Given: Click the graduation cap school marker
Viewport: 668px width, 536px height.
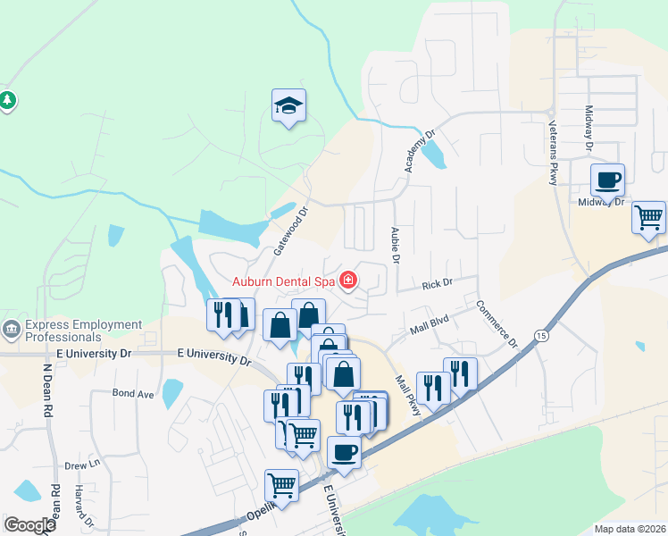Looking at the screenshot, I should pyautogui.click(x=288, y=106).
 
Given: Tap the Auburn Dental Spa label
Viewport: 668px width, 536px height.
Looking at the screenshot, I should pyautogui.click(x=283, y=281).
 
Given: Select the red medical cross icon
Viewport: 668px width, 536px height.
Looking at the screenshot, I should pyautogui.click(x=347, y=281).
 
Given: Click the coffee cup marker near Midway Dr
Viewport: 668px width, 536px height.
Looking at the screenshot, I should pyautogui.click(x=607, y=180).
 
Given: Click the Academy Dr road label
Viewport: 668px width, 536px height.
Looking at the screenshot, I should pyautogui.click(x=419, y=150).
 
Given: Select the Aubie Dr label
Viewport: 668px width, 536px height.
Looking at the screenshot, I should pyautogui.click(x=394, y=244).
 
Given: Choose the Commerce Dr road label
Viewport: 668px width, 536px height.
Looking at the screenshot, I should pyautogui.click(x=496, y=322).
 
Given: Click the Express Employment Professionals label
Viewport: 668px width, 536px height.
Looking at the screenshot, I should pyautogui.click(x=83, y=331).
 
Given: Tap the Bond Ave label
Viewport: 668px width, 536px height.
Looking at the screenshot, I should pyautogui.click(x=133, y=393).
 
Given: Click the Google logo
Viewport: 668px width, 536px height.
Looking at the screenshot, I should pyautogui.click(x=29, y=525).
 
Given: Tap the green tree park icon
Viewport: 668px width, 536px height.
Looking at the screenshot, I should pyautogui.click(x=8, y=100).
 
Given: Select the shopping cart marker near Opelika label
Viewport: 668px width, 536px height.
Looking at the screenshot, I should pyautogui.click(x=282, y=486).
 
